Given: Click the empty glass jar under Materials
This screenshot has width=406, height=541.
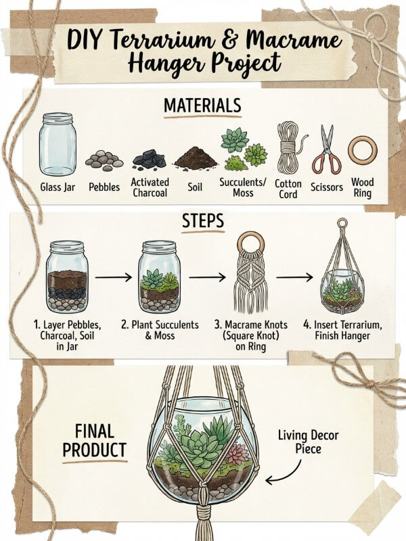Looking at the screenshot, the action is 58,144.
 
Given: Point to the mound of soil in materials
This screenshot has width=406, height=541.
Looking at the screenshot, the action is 196,158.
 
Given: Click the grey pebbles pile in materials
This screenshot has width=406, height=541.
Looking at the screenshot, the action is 104,160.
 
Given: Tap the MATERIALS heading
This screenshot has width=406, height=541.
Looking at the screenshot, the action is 202,105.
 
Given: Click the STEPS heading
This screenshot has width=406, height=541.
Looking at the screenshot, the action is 203,221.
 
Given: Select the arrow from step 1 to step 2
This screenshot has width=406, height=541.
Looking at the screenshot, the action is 114,277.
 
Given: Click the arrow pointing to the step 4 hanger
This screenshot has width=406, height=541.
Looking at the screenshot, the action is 294,277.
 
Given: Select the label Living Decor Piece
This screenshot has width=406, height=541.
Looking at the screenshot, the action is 308,442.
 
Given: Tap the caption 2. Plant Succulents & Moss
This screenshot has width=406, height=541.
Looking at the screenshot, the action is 160,330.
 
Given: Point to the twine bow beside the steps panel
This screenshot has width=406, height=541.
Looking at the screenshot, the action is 369,383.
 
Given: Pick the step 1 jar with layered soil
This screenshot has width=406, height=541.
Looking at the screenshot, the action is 67,277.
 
